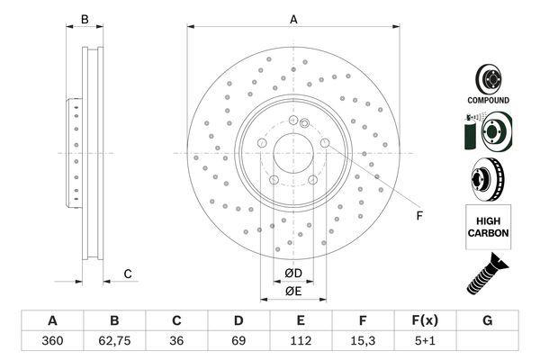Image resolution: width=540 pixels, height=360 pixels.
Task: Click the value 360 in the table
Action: click(52, 341)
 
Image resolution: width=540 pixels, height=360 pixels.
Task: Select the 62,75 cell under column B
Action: click(114, 341)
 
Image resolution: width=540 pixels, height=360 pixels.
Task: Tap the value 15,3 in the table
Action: click(363, 341)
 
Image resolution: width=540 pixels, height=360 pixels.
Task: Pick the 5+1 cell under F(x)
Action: click(425, 341)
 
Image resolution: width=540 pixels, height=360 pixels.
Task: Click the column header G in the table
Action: click(487, 320)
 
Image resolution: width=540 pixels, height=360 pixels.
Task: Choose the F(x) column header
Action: click(425, 320)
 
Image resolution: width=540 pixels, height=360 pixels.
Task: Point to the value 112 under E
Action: click(301, 341)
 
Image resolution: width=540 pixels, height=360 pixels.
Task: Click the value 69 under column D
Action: click(238, 341)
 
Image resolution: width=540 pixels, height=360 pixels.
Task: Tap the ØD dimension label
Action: click(293, 274)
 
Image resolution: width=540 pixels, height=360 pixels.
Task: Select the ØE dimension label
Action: click(293, 291)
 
